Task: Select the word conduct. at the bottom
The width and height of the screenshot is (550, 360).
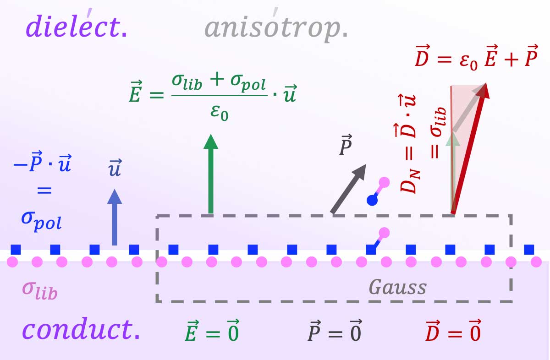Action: click(81, 330)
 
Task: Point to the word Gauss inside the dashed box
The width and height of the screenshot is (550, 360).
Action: click(397, 287)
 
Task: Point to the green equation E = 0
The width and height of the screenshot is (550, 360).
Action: click(211, 333)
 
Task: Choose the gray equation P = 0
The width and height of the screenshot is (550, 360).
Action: click(334, 333)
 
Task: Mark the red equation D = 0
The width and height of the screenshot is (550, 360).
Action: click(453, 333)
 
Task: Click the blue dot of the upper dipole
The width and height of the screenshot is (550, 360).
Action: click(373, 200)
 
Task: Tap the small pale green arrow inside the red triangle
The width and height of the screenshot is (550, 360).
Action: click(453, 137)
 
